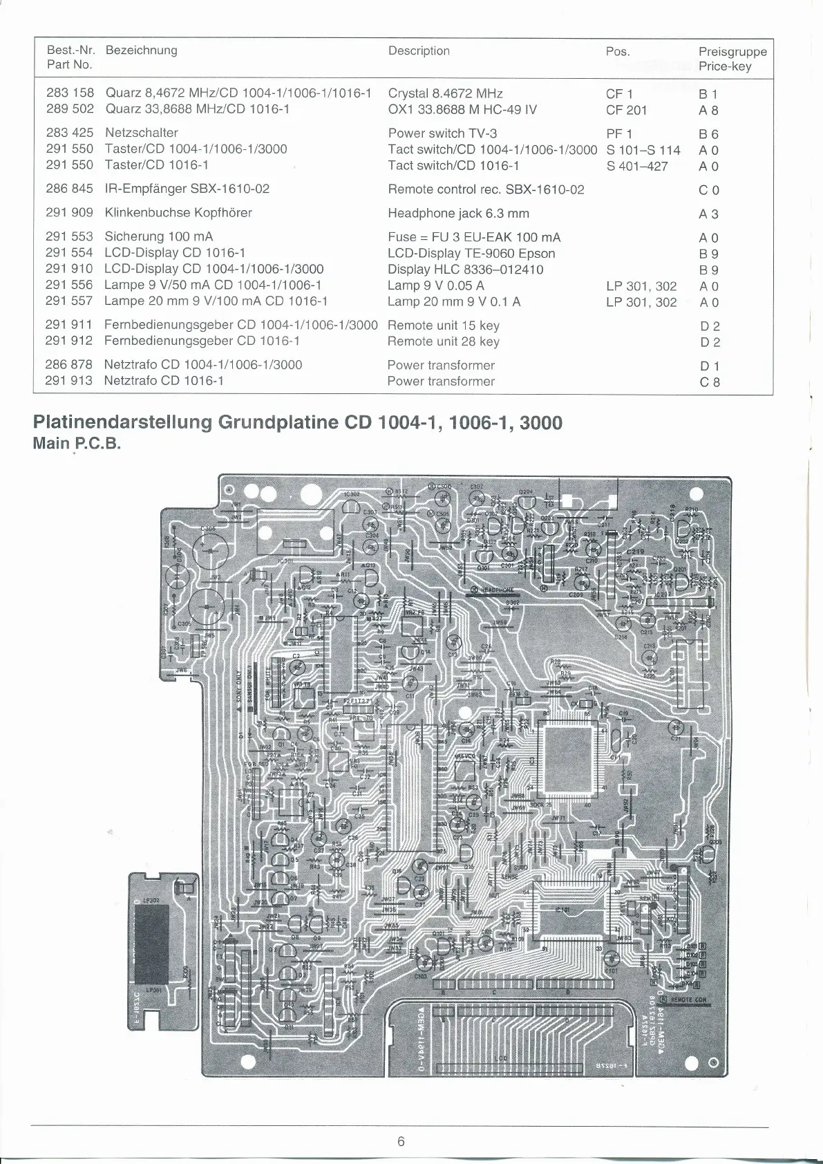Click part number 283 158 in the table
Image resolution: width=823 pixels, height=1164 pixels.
click(70, 93)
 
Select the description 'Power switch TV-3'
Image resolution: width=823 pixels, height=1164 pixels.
click(442, 133)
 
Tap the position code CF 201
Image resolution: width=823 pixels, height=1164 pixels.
click(626, 110)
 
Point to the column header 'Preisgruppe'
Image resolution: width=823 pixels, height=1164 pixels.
click(732, 51)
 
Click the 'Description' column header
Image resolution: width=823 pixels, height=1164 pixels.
click(419, 50)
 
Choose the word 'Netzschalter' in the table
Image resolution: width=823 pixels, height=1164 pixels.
click(142, 133)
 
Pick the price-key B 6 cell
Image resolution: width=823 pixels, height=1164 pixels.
click(708, 134)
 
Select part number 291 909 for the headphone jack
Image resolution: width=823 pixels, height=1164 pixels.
click(69, 213)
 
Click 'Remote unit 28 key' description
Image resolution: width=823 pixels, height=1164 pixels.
click(443, 341)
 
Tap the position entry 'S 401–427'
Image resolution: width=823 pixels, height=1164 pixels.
click(637, 166)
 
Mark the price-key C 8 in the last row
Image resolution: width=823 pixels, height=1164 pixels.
click(709, 382)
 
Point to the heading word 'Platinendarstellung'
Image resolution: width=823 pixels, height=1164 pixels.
click(122, 422)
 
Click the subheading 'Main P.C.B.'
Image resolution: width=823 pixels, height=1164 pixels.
click(77, 443)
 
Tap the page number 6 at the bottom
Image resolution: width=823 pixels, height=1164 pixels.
click(401, 1141)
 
